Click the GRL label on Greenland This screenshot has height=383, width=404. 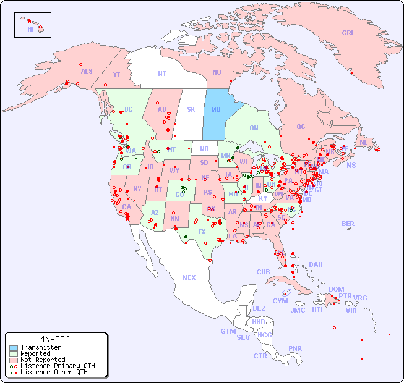(x=348, y=33)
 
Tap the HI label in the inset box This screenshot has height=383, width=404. (x=30, y=29)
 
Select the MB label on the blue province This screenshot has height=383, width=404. (x=216, y=110)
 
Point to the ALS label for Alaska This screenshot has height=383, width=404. (x=87, y=71)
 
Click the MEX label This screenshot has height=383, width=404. (x=189, y=277)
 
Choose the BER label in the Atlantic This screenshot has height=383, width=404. (x=348, y=224)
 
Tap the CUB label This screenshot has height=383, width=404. (x=263, y=272)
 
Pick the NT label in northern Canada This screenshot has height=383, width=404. (x=162, y=73)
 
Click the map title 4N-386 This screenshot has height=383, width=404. (x=55, y=339)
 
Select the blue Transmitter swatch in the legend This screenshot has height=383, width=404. (x=14, y=348)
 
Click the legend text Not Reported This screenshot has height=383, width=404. (x=43, y=360)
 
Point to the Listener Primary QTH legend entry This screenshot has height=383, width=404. (x=58, y=366)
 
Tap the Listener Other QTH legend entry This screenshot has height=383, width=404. (x=54, y=372)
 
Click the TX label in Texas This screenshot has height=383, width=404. (x=202, y=232)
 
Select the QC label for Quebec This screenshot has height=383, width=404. (x=301, y=127)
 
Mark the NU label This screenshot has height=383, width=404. (x=217, y=72)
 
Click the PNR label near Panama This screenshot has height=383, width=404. (x=295, y=348)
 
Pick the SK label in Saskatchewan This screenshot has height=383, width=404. (x=191, y=109)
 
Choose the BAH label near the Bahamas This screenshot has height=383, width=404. (x=316, y=264)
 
